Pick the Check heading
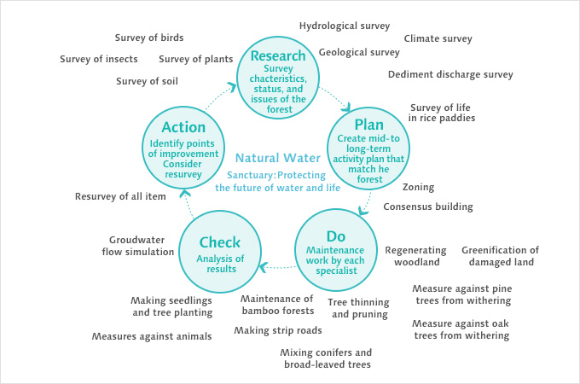click(220, 242)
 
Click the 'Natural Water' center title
click(278, 158)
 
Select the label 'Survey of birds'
click(149, 38)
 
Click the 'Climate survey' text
click(438, 38)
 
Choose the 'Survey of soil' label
click(147, 81)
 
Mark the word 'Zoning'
click(418, 187)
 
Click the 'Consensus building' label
click(427, 207)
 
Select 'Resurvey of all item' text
click(120, 196)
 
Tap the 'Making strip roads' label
click(278, 330)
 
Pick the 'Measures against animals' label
click(152, 336)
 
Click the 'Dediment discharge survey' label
click(450, 74)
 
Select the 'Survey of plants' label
click(196, 59)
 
